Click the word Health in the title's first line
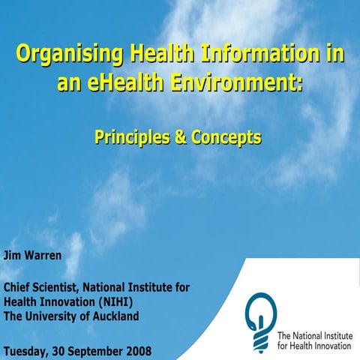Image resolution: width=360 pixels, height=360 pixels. coord(154,55)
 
